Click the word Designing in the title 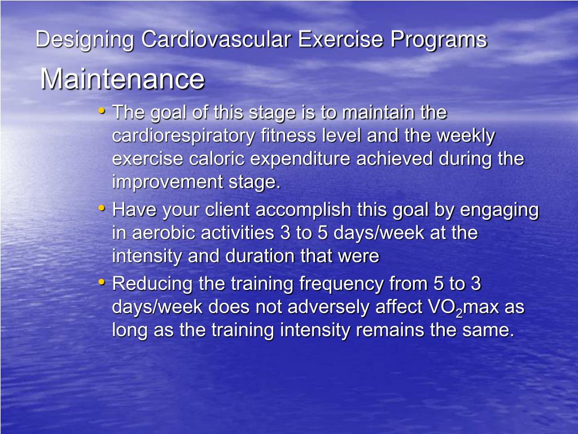(85, 40)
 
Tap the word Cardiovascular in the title (217, 40)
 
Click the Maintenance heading (122, 79)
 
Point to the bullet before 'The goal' (101, 111)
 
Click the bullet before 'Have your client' (101, 208)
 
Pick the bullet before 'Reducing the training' (101, 281)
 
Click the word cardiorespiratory (184, 136)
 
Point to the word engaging (499, 210)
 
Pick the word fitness (284, 136)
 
